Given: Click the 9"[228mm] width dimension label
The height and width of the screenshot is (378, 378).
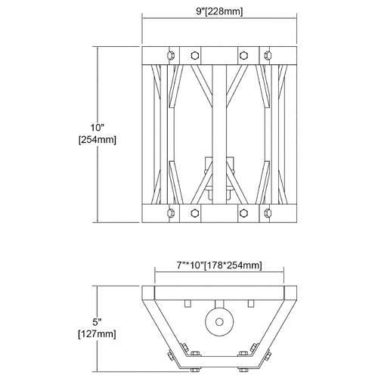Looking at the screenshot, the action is tap(219, 11).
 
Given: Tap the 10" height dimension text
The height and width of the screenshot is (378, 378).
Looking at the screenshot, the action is tap(98, 128).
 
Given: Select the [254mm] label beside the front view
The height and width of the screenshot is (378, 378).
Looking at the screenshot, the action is tap(98, 140).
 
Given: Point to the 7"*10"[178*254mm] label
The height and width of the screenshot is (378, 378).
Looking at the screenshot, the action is tap(219, 265).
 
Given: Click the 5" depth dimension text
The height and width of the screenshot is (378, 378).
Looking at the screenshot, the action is tap(97, 322).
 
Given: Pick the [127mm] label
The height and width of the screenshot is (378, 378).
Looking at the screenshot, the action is tap(98, 334).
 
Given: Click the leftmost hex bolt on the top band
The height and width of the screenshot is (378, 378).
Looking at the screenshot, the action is tap(171, 55).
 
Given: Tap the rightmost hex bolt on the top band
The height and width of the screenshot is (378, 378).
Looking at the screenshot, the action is tap(268, 55).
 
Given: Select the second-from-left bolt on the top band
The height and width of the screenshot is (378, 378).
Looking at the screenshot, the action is tap(194, 55).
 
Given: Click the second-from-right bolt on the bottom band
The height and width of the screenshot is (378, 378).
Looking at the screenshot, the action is tap(243, 213).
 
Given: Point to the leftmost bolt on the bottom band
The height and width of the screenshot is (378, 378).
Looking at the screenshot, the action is tap(171, 213).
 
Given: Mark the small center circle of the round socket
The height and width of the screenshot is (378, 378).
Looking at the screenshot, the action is tap(219, 322).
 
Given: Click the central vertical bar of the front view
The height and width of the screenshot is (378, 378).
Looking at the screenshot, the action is tap(219, 135).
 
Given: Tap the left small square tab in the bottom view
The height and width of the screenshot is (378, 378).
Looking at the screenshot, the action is tap(187, 303).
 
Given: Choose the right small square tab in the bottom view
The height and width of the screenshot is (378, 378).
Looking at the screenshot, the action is tap(251, 303).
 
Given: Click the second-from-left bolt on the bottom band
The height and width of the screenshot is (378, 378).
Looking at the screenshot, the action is tap(194, 213).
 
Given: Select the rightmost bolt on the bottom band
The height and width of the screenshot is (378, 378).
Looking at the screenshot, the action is tap(268, 213).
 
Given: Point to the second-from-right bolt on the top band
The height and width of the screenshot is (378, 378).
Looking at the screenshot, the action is tap(243, 55).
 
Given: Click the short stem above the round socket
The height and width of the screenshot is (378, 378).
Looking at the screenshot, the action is tap(219, 304).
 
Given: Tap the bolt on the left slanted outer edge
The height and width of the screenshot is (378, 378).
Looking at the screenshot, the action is tap(170, 355).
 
